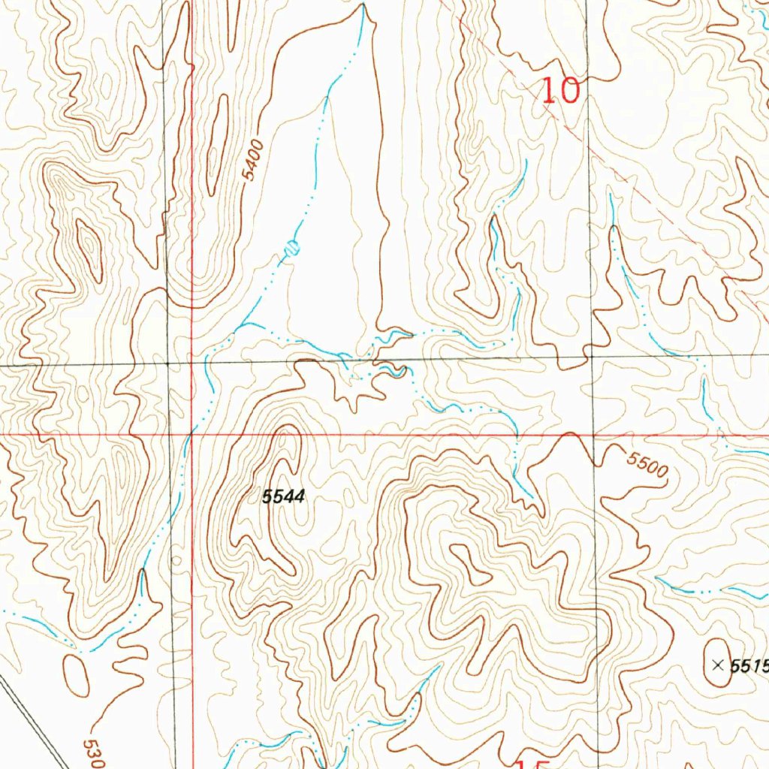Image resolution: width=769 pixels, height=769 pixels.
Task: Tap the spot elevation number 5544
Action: [x=283, y=496]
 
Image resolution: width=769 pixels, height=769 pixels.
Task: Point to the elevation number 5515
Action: [x=749, y=665]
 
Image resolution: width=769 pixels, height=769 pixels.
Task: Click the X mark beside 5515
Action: [x=717, y=665]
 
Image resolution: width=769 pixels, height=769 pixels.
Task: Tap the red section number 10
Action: [x=561, y=92]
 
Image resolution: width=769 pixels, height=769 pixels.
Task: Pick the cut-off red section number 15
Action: [x=529, y=764]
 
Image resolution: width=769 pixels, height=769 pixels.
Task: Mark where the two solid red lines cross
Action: [x=192, y=434]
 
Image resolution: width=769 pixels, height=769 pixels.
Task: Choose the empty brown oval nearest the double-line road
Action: [x=76, y=674]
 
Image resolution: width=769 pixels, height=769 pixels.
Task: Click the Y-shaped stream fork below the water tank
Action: [x=245, y=324]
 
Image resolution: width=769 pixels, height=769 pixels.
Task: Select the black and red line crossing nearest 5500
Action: [x=593, y=434]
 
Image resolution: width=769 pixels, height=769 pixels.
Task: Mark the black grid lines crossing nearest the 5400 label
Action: [x=167, y=363]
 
